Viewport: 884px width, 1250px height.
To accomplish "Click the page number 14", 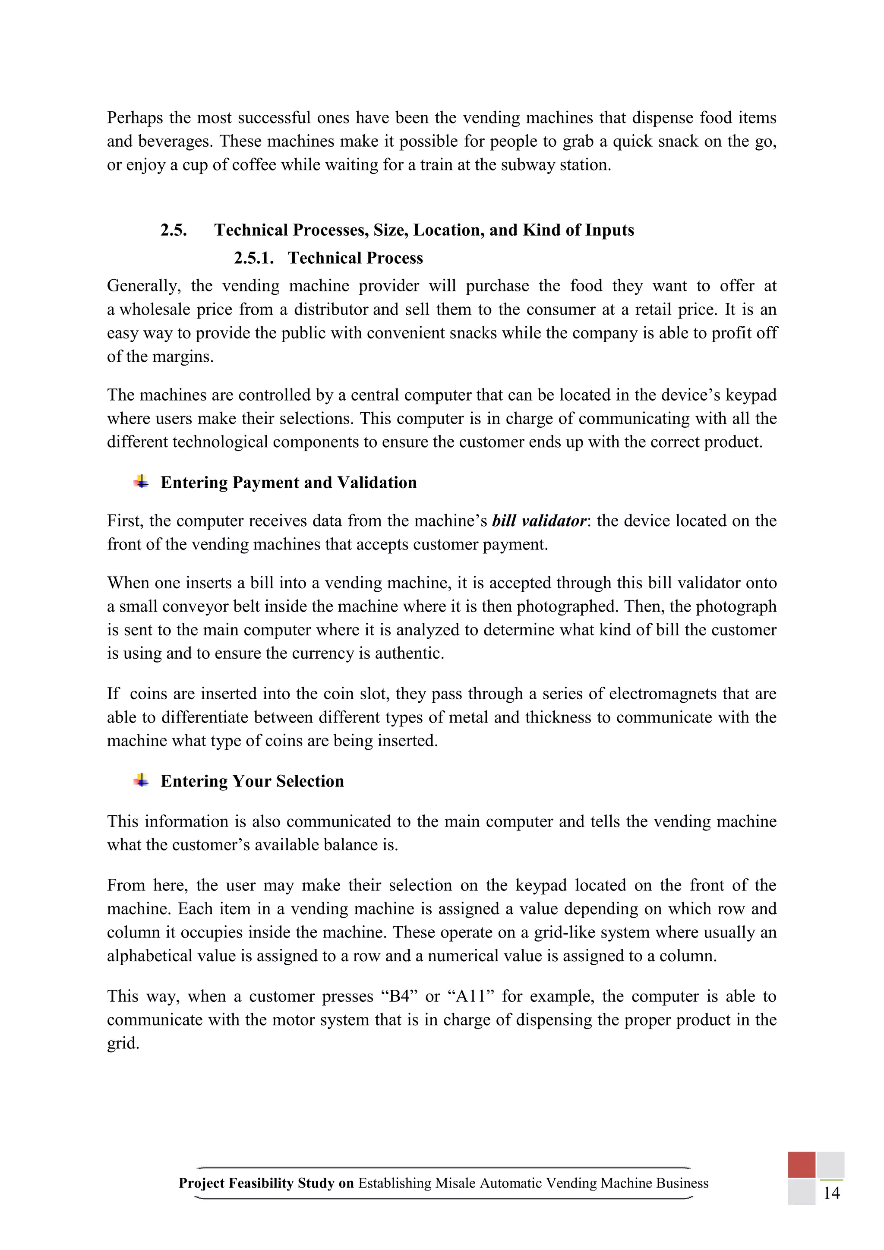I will pos(831,1193).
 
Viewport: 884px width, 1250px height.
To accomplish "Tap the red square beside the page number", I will pos(801,1165).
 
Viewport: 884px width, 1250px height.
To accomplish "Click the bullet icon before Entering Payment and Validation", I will pos(141,482).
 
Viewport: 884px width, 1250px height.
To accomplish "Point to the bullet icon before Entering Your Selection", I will pos(141,781).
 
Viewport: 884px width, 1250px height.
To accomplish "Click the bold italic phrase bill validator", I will pos(539,521).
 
